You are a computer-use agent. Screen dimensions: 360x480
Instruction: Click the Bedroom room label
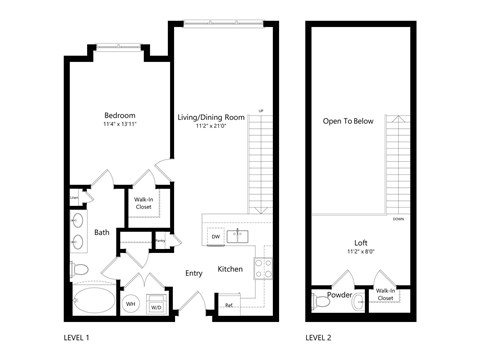tap(119, 115)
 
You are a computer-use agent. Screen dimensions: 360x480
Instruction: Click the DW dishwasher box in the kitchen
tap(215, 237)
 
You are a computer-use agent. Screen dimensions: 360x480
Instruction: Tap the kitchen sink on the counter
tap(239, 237)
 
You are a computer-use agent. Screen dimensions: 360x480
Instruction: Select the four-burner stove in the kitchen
tap(264, 268)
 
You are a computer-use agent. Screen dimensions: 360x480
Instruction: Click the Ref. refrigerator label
tap(229, 305)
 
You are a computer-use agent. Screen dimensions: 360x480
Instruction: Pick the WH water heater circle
tap(130, 304)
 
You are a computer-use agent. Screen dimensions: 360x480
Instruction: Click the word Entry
tap(194, 272)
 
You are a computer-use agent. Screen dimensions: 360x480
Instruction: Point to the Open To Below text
tap(347, 121)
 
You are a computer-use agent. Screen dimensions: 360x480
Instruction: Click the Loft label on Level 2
tap(361, 243)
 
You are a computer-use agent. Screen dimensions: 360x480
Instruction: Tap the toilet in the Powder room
tap(320, 299)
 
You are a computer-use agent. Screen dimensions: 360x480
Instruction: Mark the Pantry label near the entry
tap(160, 240)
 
